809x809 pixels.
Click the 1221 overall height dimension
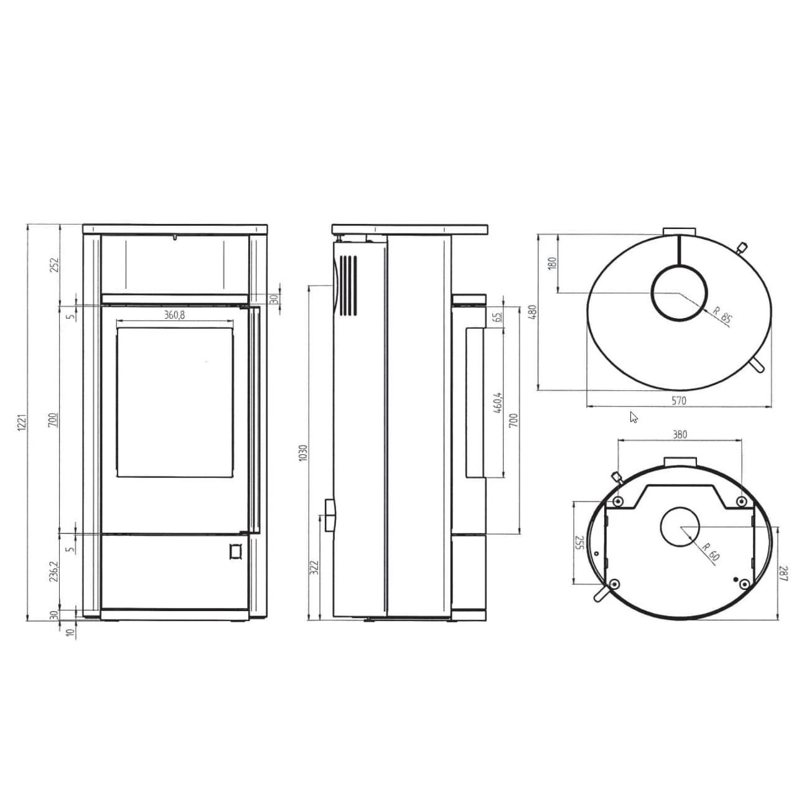pos(21,423)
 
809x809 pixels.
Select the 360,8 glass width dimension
pos(174,315)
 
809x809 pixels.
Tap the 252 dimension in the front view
pos(54,264)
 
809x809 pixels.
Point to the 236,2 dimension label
pos(54,571)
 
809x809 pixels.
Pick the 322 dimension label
pos(314,567)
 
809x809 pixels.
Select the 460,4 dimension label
pos(497,404)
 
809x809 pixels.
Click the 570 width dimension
pos(679,401)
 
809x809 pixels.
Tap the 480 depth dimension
pos(532,312)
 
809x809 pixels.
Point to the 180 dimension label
pos(552,263)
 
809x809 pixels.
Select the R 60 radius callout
pos(710,551)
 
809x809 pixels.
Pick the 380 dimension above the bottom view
pos(680,434)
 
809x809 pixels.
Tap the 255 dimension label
pos(579,543)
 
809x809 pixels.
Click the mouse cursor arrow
pos(634,417)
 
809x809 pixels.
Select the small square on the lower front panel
pos(235,551)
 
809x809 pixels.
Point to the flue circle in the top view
pos(679,292)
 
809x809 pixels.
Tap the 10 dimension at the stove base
pos(70,633)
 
